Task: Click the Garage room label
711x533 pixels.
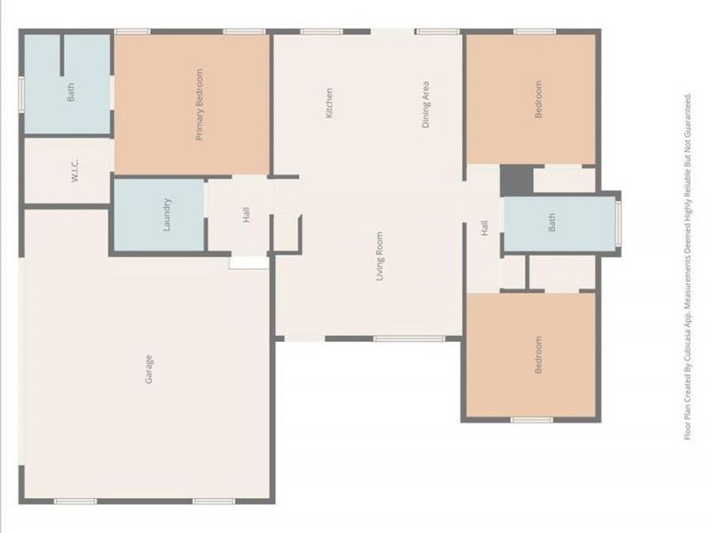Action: tap(149, 370)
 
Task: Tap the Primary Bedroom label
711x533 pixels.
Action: tap(199, 105)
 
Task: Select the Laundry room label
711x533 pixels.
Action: tap(167, 214)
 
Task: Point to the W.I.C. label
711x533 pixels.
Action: tap(74, 172)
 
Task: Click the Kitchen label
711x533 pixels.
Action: tap(329, 103)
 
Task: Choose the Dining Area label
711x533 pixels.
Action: tap(426, 105)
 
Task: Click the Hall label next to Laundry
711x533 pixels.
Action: tap(246, 214)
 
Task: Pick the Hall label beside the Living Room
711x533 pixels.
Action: tap(484, 228)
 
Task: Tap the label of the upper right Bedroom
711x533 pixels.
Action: tap(539, 99)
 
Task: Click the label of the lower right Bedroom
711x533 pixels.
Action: tap(539, 355)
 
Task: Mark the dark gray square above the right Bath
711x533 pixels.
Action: tap(517, 179)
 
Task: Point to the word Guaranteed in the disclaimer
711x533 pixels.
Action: tap(688, 116)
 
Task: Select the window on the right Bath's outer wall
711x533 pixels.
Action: tap(619, 223)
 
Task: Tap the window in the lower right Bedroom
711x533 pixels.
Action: tap(531, 419)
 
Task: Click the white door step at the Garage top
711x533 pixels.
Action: tap(249, 262)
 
